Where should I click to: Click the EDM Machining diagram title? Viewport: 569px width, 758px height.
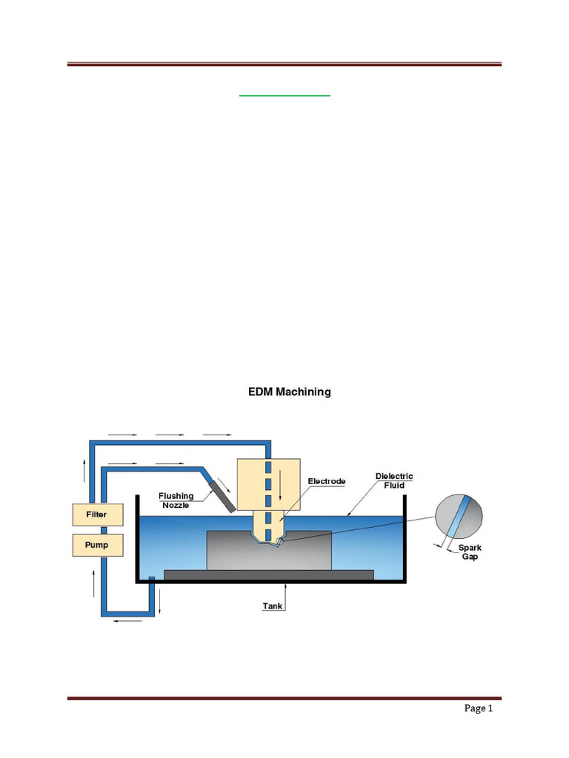click(289, 392)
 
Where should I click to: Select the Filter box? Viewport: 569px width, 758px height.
click(96, 514)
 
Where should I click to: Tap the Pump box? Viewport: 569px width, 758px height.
click(96, 545)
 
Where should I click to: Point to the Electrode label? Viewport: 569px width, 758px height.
click(326, 481)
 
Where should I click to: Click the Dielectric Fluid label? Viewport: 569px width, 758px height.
click(394, 481)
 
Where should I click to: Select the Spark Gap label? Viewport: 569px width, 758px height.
click(470, 551)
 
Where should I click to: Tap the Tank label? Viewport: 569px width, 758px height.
click(273, 606)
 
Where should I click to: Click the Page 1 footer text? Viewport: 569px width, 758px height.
click(479, 708)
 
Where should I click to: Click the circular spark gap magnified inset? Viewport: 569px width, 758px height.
click(459, 518)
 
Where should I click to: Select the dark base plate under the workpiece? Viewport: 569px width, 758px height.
click(268, 574)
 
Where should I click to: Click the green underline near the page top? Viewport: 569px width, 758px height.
click(284, 95)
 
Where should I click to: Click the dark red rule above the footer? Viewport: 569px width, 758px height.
click(284, 697)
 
